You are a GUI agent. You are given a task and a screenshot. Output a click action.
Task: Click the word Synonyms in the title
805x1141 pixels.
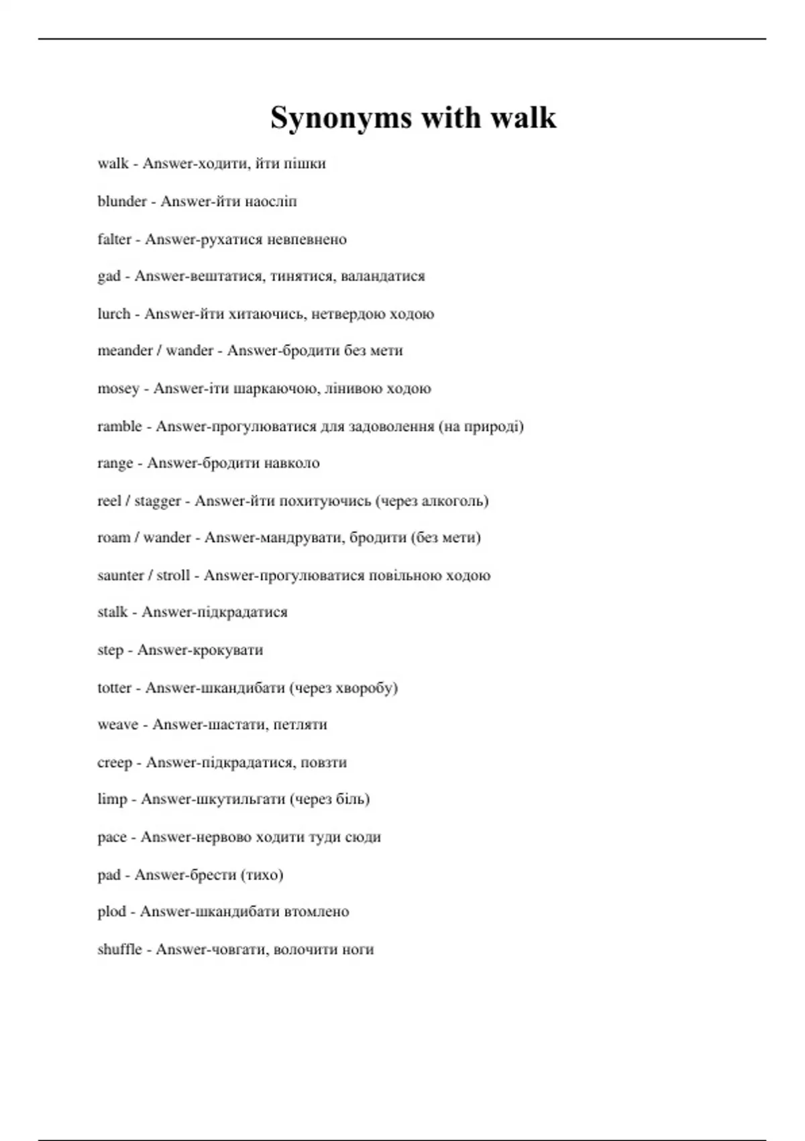(340, 119)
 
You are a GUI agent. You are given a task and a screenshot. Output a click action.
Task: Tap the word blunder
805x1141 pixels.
(121, 201)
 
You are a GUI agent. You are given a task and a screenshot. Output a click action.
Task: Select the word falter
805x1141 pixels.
(114, 239)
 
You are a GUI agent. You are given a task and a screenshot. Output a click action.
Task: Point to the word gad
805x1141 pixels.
(109, 277)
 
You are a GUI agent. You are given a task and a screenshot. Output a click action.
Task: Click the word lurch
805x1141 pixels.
(113, 313)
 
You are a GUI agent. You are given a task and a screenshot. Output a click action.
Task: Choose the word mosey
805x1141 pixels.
(118, 389)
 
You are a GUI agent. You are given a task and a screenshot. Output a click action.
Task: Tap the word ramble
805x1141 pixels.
(119, 426)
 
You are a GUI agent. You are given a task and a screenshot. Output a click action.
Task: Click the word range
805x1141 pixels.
(115, 464)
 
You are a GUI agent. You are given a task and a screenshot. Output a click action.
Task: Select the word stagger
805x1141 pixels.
(158, 501)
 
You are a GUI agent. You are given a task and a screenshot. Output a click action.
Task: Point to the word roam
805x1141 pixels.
(113, 538)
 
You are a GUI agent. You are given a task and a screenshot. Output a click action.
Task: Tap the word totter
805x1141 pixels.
(114, 688)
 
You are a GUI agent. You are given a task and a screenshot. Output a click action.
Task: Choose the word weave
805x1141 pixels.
(117, 725)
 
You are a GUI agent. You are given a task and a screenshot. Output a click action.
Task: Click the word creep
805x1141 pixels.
(115, 762)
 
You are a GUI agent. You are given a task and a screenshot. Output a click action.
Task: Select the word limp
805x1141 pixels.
(112, 799)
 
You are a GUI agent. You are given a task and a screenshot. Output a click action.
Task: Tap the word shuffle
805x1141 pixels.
(119, 949)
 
